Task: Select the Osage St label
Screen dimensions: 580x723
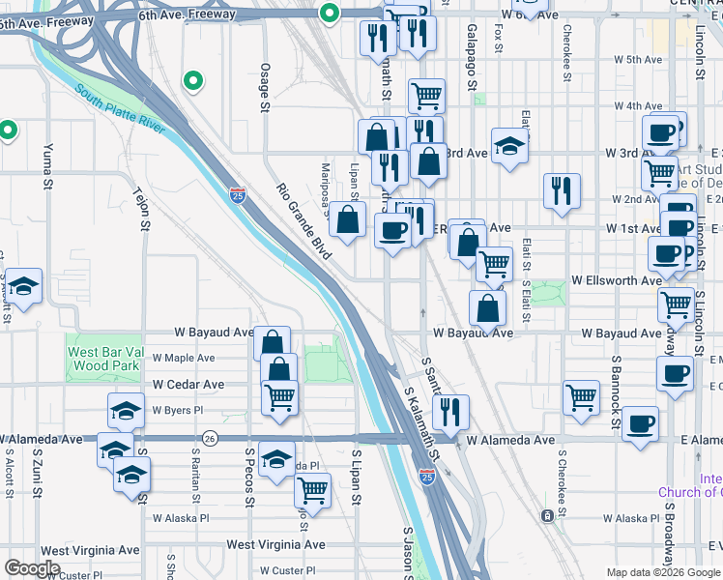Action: click(x=264, y=88)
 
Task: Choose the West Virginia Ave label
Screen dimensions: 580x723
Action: click(x=275, y=545)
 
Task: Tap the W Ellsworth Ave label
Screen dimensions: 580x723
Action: click(x=616, y=280)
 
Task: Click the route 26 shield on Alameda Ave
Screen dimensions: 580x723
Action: click(x=212, y=439)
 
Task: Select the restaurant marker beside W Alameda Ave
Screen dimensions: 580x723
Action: click(x=450, y=412)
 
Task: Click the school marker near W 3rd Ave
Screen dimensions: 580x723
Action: click(x=509, y=147)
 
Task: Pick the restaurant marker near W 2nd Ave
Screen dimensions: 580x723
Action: click(x=561, y=191)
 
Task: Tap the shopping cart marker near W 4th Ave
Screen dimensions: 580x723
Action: click(x=426, y=96)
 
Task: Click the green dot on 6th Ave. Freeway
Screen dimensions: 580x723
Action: click(x=330, y=13)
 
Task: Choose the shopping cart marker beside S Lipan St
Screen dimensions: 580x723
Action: click(x=313, y=490)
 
